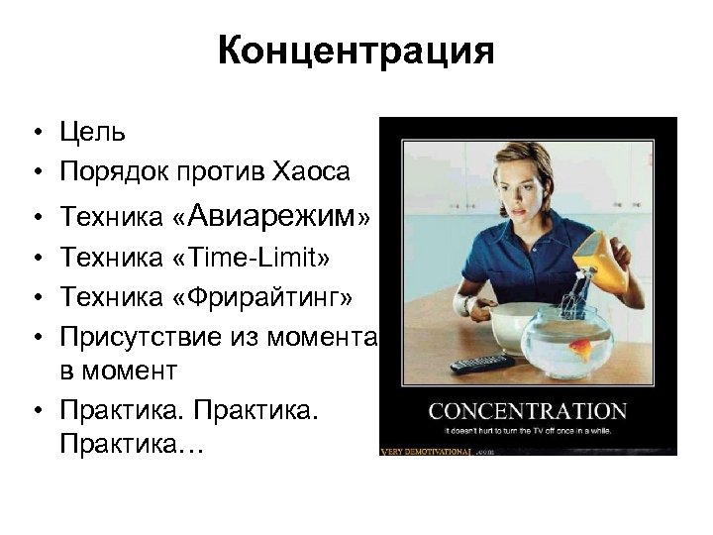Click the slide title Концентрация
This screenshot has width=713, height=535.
[x=356, y=51]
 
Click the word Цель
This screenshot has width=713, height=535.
[x=92, y=132]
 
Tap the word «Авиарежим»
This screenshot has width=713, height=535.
[x=276, y=214]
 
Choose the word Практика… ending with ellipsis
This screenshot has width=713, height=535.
[x=130, y=448]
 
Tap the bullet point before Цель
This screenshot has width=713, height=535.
[x=36, y=133]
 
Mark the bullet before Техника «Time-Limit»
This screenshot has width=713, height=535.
[x=36, y=258]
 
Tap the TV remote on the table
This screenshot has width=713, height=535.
[x=481, y=363]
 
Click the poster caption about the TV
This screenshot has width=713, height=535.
[x=527, y=433]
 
